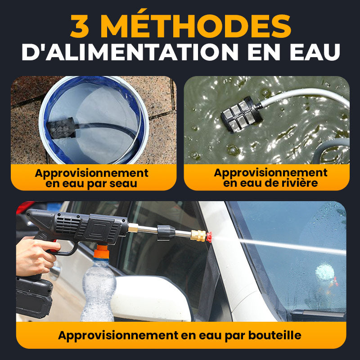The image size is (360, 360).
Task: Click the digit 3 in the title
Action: [x=80, y=26]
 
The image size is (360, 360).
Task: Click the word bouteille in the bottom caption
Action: [x=275, y=335]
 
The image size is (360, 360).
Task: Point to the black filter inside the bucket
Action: [x=61, y=128]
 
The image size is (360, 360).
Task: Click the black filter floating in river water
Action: [x=241, y=115]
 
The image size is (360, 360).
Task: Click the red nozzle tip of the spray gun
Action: [x=209, y=237]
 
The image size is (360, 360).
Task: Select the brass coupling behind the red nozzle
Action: [x=198, y=235]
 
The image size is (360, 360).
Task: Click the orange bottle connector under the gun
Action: [x=101, y=252]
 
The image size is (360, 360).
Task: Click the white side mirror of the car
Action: [x=150, y=298]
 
